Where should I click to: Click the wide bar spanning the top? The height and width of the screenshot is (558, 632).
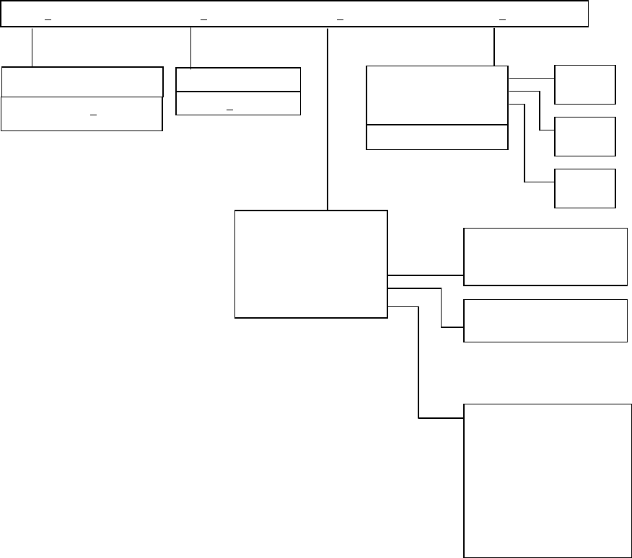pos(294,14)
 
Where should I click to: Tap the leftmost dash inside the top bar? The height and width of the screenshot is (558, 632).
pos(48,19)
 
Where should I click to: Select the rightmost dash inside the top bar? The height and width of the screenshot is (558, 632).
pos(503,19)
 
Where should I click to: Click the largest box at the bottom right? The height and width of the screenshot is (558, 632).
pos(545,480)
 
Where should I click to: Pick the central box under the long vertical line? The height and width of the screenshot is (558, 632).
pos(311,264)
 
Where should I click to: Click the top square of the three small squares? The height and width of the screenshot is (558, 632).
pos(585,84)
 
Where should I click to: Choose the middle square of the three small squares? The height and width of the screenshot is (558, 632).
pos(585,136)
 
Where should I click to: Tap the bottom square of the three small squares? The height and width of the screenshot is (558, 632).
pos(585,188)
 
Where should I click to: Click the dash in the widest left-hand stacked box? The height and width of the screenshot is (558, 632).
pos(92,115)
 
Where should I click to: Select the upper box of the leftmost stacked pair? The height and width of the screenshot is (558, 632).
pos(82,81)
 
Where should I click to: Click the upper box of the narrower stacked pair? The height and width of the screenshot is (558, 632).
pos(238,79)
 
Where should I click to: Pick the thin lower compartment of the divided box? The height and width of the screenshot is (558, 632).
pos(437,137)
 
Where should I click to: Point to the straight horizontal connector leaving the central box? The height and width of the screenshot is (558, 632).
pos(426,275)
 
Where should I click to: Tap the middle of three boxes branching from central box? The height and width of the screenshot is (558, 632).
pos(545,320)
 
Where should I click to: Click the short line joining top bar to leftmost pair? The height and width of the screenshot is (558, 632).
pos(32,47)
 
